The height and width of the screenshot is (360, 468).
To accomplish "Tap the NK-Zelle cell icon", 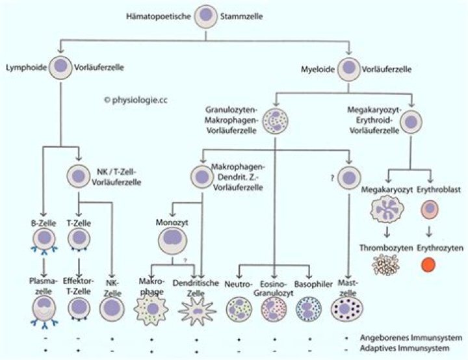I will click(x=112, y=309).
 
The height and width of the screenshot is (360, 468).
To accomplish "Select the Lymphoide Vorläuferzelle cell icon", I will click(x=61, y=66).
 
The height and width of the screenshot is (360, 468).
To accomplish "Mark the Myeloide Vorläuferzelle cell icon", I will click(x=350, y=67).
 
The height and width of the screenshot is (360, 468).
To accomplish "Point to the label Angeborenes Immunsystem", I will click(x=411, y=339).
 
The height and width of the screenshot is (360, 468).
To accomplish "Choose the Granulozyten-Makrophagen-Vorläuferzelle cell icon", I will click(x=276, y=121).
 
